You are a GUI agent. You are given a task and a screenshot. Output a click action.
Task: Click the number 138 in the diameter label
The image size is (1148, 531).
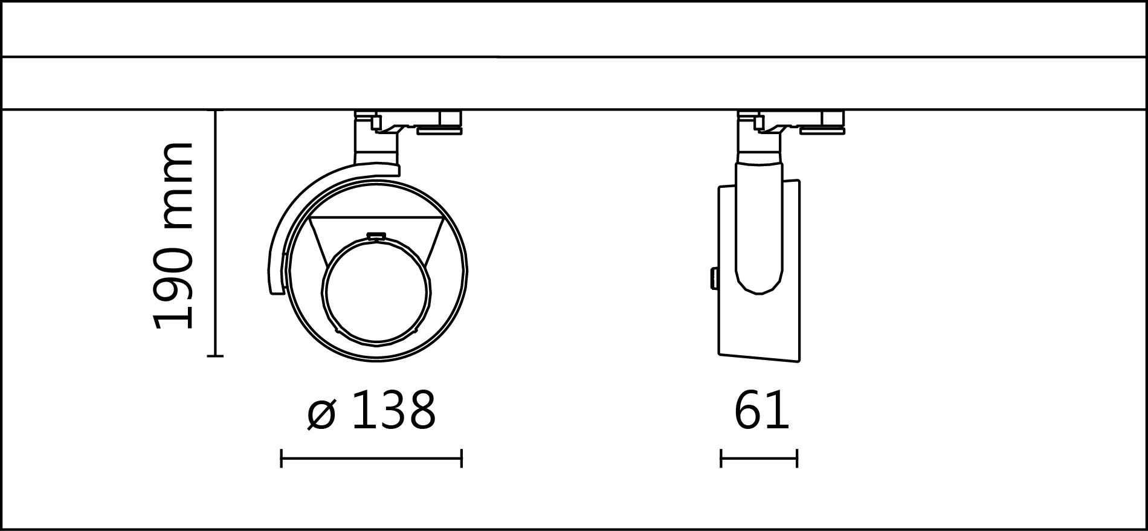coord(393,411)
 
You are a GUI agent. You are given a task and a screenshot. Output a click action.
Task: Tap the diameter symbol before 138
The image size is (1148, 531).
coord(321,414)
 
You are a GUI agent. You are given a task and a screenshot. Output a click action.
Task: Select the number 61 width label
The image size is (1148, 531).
coord(761,411)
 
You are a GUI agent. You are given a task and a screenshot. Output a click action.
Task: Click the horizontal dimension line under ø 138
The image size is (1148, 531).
coord(371,458)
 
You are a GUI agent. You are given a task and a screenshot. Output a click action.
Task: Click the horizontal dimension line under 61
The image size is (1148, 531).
coord(759,458)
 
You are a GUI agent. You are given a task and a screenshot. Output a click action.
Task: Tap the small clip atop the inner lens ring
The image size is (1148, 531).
coord(377,236)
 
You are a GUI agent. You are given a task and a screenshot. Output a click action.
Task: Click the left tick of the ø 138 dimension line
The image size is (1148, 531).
coord(282,458)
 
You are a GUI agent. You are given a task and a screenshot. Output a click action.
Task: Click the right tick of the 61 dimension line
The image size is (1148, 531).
coord(797,458)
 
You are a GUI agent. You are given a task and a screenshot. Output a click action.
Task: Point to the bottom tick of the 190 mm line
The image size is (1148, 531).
coord(215,356)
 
